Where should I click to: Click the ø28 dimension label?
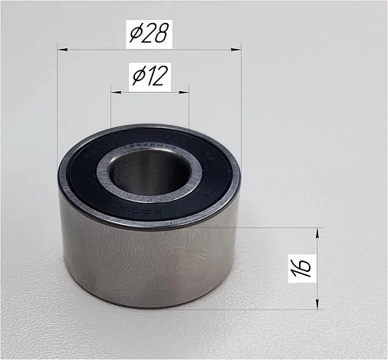tap(150, 34)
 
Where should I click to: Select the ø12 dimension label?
tap(150, 76)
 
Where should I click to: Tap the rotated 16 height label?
tap(304, 267)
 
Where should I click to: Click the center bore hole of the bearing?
tap(148, 172)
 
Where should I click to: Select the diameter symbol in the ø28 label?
tap(135, 34)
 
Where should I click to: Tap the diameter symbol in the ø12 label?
tap(138, 77)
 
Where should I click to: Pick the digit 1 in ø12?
tap(152, 76)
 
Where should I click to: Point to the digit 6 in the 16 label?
tap(304, 260)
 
